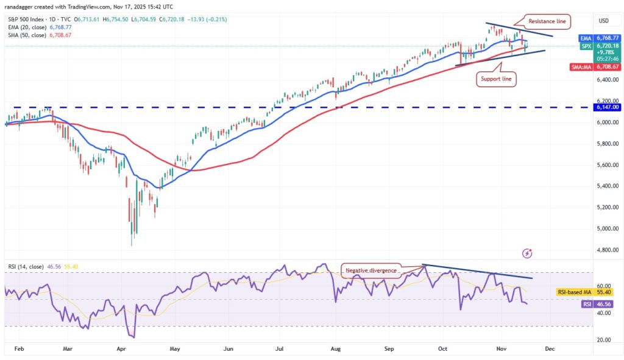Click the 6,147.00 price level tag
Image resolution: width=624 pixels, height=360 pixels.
click(x=606, y=107)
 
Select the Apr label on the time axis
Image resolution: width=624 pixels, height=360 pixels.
click(x=120, y=350)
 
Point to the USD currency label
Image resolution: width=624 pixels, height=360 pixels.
click(x=603, y=20)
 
